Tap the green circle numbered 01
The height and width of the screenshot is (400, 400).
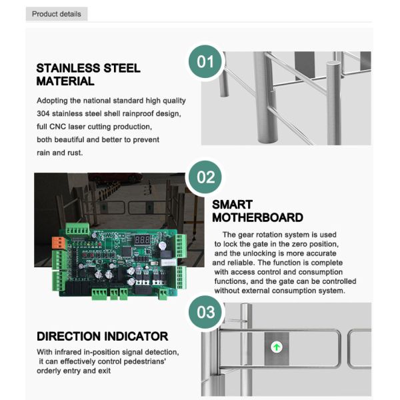[x=206, y=62]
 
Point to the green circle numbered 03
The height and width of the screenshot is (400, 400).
[x=206, y=312]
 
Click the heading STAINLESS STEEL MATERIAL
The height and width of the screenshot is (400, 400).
[x=88, y=75]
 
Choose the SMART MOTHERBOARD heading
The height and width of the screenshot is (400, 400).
[x=257, y=211]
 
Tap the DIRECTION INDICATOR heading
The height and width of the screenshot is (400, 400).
[x=102, y=337]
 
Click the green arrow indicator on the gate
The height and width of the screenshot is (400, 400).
[x=275, y=347]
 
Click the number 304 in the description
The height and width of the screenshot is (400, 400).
[x=45, y=114]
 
